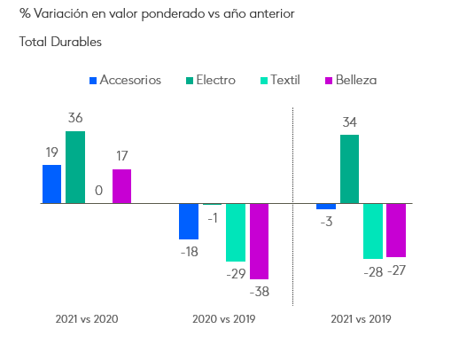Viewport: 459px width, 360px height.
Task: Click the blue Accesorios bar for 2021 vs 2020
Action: (x=52, y=184)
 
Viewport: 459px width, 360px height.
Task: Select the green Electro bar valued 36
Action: (x=75, y=168)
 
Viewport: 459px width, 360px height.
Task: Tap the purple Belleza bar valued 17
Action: (x=121, y=186)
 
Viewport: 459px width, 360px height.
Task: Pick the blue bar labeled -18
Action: (x=189, y=221)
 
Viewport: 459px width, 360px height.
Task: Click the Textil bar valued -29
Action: (x=236, y=232)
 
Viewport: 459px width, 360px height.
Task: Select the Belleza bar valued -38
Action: (x=259, y=241)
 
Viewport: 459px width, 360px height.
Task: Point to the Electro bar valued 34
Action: (x=349, y=168)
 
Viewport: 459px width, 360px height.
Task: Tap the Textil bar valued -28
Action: (x=372, y=231)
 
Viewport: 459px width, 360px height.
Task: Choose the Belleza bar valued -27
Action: (x=395, y=230)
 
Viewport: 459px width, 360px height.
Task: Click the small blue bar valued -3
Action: (x=326, y=207)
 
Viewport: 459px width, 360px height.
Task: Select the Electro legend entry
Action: (x=208, y=80)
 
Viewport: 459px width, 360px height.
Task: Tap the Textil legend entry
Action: (x=278, y=80)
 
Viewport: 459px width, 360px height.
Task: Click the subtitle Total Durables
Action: (x=60, y=42)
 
